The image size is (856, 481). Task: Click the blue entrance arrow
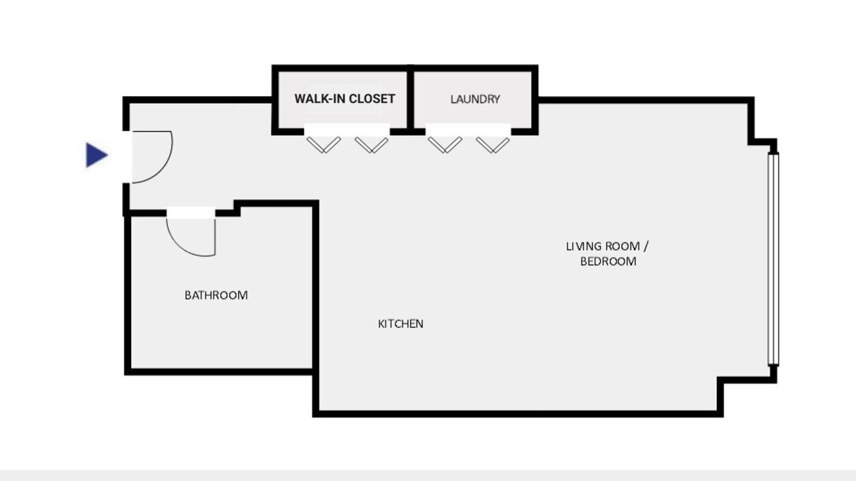pos(96,155)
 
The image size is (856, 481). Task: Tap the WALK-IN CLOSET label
pos(344,99)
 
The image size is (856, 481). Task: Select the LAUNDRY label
pos(475,100)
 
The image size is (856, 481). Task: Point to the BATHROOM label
pos(216,295)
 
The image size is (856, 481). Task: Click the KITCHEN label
pos(401,324)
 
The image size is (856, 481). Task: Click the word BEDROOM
pos(608,261)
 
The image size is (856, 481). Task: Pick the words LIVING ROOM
pos(603,247)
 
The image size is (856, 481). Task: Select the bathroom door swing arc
pos(183,247)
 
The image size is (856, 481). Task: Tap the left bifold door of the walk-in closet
pos(324,145)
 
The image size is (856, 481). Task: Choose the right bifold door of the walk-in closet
pos(371,145)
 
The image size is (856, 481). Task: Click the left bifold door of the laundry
pos(445,145)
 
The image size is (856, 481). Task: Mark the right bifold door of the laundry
pos(493,145)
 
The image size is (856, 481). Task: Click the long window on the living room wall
pos(773,259)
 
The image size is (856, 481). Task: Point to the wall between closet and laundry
pos(411,100)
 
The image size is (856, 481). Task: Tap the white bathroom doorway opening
pos(191,213)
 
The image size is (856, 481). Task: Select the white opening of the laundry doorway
pos(468,130)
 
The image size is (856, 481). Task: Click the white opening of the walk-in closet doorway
pos(347,130)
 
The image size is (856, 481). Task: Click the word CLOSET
pos(372,99)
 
